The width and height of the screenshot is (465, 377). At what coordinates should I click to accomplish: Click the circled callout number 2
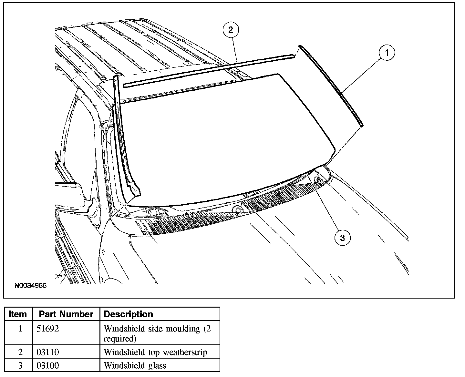pos(230,30)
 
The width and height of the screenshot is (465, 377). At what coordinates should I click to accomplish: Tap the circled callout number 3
pos(342,238)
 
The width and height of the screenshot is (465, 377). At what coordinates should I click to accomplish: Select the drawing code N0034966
pos(30,286)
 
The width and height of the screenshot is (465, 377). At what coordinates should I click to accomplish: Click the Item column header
pos(18,314)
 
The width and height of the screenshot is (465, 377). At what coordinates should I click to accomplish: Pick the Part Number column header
pos(66,314)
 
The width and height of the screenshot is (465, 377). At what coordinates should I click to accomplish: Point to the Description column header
pos(128,314)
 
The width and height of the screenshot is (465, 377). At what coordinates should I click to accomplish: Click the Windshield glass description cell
pos(135,365)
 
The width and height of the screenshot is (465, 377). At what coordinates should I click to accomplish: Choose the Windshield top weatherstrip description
pos(155,352)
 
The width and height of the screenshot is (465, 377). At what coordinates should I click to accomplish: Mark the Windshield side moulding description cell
pos(157,333)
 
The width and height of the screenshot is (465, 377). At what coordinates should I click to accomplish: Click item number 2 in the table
pos(20,352)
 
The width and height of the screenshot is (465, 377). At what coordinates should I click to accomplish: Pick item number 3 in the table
pos(20,365)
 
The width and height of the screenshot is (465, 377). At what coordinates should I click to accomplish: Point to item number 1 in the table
pos(20,329)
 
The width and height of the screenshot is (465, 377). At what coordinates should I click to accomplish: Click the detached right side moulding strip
pos(333,86)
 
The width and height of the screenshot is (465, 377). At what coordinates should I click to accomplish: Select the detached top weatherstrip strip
pos(210,70)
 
